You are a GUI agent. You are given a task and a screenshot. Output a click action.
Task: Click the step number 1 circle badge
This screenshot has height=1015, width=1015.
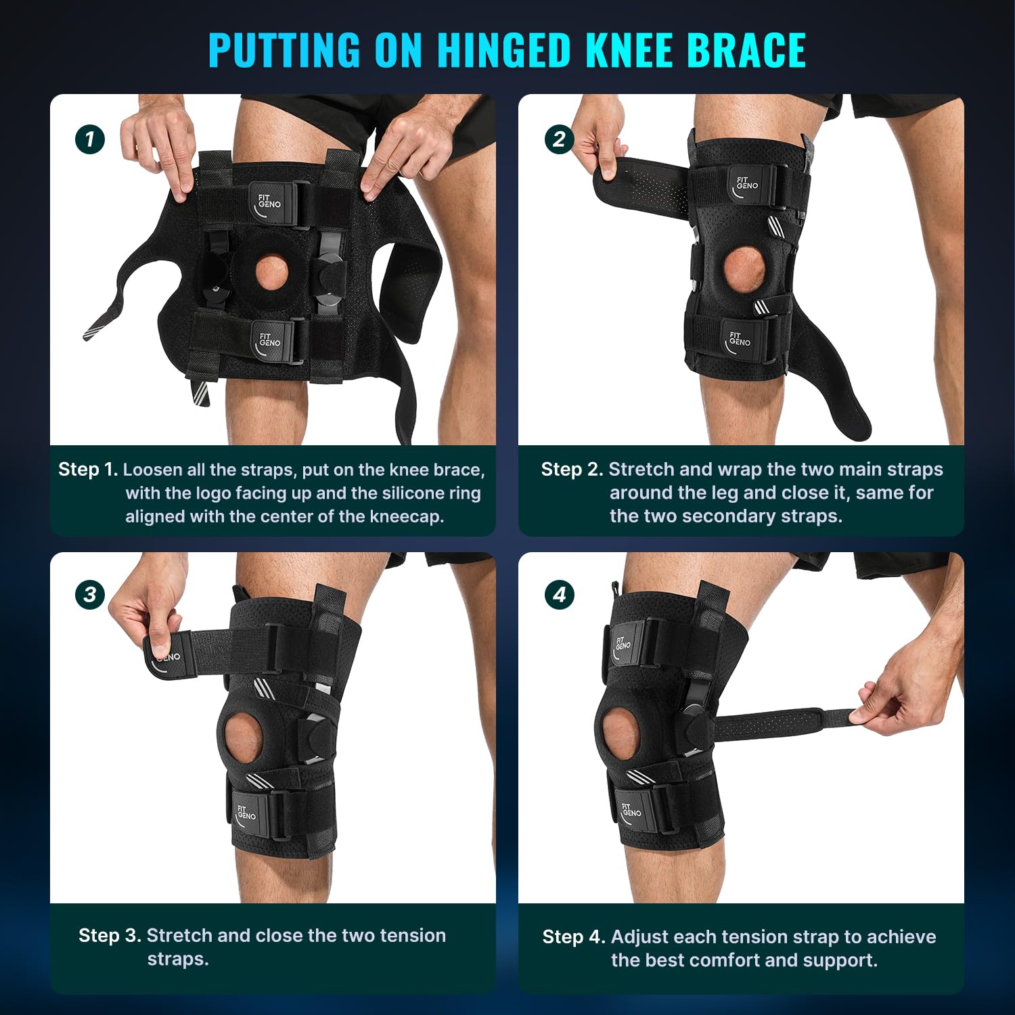(90, 140)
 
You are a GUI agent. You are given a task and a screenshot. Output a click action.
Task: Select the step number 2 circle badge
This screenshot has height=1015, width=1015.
(559, 139)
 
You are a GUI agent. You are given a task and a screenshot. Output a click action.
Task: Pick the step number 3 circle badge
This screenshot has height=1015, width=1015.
(90, 595)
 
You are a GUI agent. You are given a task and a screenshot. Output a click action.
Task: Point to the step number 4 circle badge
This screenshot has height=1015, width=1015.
(560, 595)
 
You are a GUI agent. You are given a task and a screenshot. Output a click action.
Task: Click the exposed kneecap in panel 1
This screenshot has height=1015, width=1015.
(272, 271)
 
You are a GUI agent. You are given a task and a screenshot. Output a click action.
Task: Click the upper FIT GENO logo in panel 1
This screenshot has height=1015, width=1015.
(269, 201)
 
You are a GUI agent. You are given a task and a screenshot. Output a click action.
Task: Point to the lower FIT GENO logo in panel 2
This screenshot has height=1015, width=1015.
(739, 339)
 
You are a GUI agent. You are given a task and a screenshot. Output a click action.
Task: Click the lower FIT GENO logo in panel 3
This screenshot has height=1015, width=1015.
(246, 813)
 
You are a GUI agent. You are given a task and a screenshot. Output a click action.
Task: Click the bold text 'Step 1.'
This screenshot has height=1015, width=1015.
(88, 470)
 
